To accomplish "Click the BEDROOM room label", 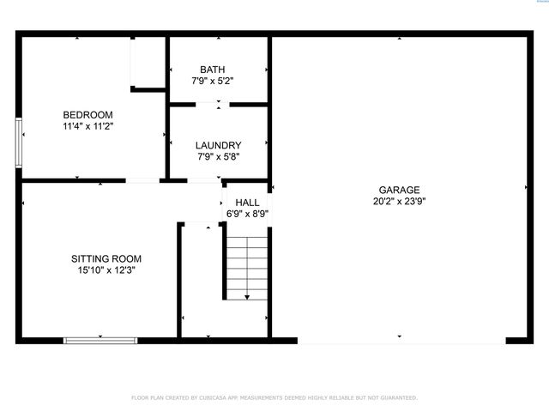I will pos(87,115).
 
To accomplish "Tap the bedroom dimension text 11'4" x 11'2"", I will pos(87,126).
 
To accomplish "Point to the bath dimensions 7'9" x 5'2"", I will pos(212,81).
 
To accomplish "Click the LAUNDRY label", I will pos(218,146).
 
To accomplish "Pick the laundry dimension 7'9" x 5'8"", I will pos(218,157).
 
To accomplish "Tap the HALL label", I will pos(247,203).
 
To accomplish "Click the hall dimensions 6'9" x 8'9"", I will pos(247,214).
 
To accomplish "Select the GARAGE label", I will pos(399,191).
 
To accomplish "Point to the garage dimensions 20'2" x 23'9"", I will pos(399,202).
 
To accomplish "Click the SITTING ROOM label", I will pos(106,258).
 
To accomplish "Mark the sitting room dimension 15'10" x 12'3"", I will pos(106,270).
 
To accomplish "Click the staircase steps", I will pos(247,262).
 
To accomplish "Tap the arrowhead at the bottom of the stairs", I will pos(247,297).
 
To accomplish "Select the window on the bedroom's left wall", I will pos(19,142).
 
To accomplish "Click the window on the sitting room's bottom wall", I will pos(101,341).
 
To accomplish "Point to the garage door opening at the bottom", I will pos(401,342).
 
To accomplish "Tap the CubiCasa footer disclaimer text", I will pos(274,397).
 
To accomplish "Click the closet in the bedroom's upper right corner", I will pos(148,62).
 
